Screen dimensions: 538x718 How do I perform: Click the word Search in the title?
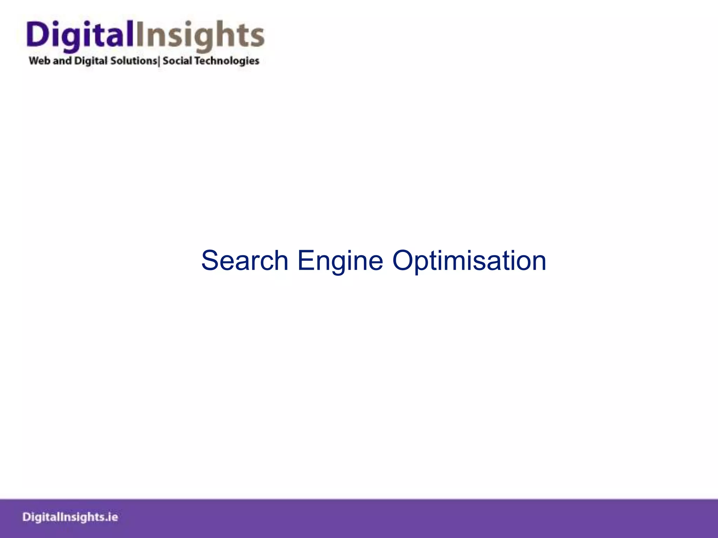(x=244, y=261)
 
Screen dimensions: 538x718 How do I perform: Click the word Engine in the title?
(x=340, y=261)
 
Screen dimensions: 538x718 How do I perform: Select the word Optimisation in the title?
(x=469, y=261)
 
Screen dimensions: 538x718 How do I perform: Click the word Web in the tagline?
(x=39, y=61)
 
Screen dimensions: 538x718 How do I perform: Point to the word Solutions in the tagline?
(x=134, y=61)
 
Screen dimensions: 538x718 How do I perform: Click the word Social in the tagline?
(x=177, y=61)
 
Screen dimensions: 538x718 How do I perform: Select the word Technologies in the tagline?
(x=227, y=61)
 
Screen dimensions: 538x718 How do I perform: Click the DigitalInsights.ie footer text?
(x=70, y=517)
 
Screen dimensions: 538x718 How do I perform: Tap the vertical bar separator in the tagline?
(x=159, y=61)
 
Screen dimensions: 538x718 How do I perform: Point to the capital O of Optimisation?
(x=403, y=261)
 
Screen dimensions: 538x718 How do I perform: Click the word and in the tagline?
(x=62, y=61)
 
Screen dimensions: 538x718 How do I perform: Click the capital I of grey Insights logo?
(x=139, y=34)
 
